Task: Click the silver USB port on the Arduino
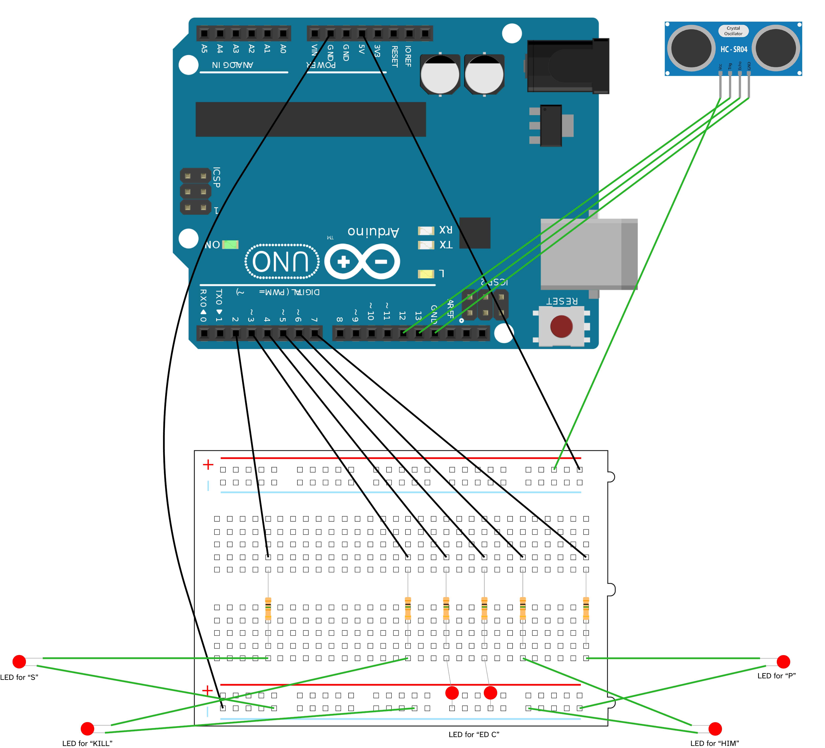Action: [x=588, y=254]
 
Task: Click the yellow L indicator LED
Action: [x=426, y=274]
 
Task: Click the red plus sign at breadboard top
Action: [x=208, y=465]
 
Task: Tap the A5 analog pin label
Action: [x=204, y=49]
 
